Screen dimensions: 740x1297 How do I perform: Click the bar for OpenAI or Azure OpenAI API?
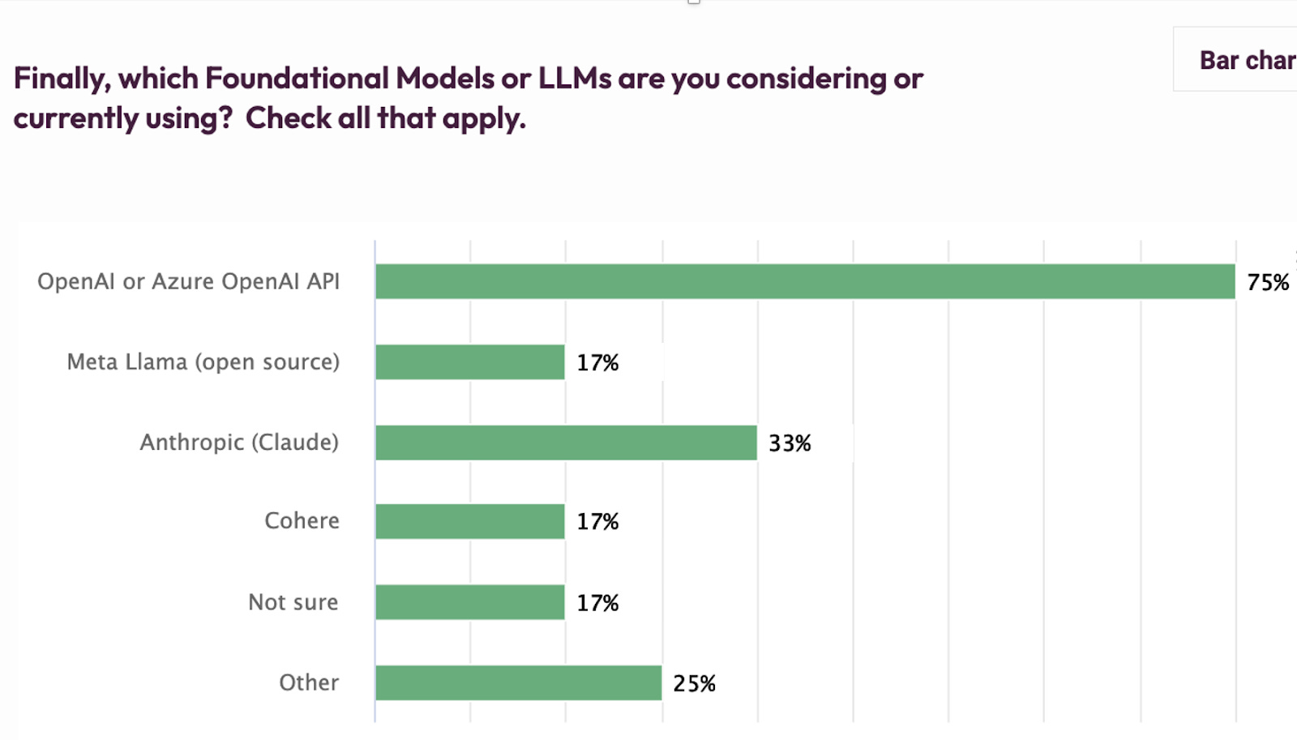(x=805, y=281)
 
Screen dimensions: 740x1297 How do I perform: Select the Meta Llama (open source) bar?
(x=470, y=361)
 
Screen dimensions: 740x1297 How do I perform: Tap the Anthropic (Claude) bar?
(x=566, y=443)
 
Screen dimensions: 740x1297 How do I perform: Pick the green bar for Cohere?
(x=470, y=521)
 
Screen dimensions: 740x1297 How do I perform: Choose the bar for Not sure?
(x=470, y=602)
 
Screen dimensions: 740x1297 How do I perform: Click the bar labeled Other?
(x=519, y=682)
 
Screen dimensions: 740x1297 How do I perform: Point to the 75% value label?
(x=1268, y=282)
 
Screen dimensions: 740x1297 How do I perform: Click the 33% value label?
(x=790, y=443)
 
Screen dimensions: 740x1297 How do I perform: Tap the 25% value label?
(x=694, y=683)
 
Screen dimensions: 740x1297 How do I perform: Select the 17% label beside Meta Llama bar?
(x=597, y=362)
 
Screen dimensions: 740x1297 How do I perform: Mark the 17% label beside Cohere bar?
(x=597, y=521)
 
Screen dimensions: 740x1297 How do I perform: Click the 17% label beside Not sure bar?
(x=597, y=603)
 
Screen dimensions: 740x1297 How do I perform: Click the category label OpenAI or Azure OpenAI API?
(x=188, y=281)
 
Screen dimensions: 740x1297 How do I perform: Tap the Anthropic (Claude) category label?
(x=239, y=443)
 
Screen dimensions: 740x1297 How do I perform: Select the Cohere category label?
(x=302, y=520)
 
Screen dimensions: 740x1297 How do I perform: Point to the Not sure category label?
(x=293, y=602)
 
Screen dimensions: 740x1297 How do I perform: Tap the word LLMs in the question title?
(x=575, y=79)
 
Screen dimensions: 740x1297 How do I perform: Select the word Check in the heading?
(x=288, y=118)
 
